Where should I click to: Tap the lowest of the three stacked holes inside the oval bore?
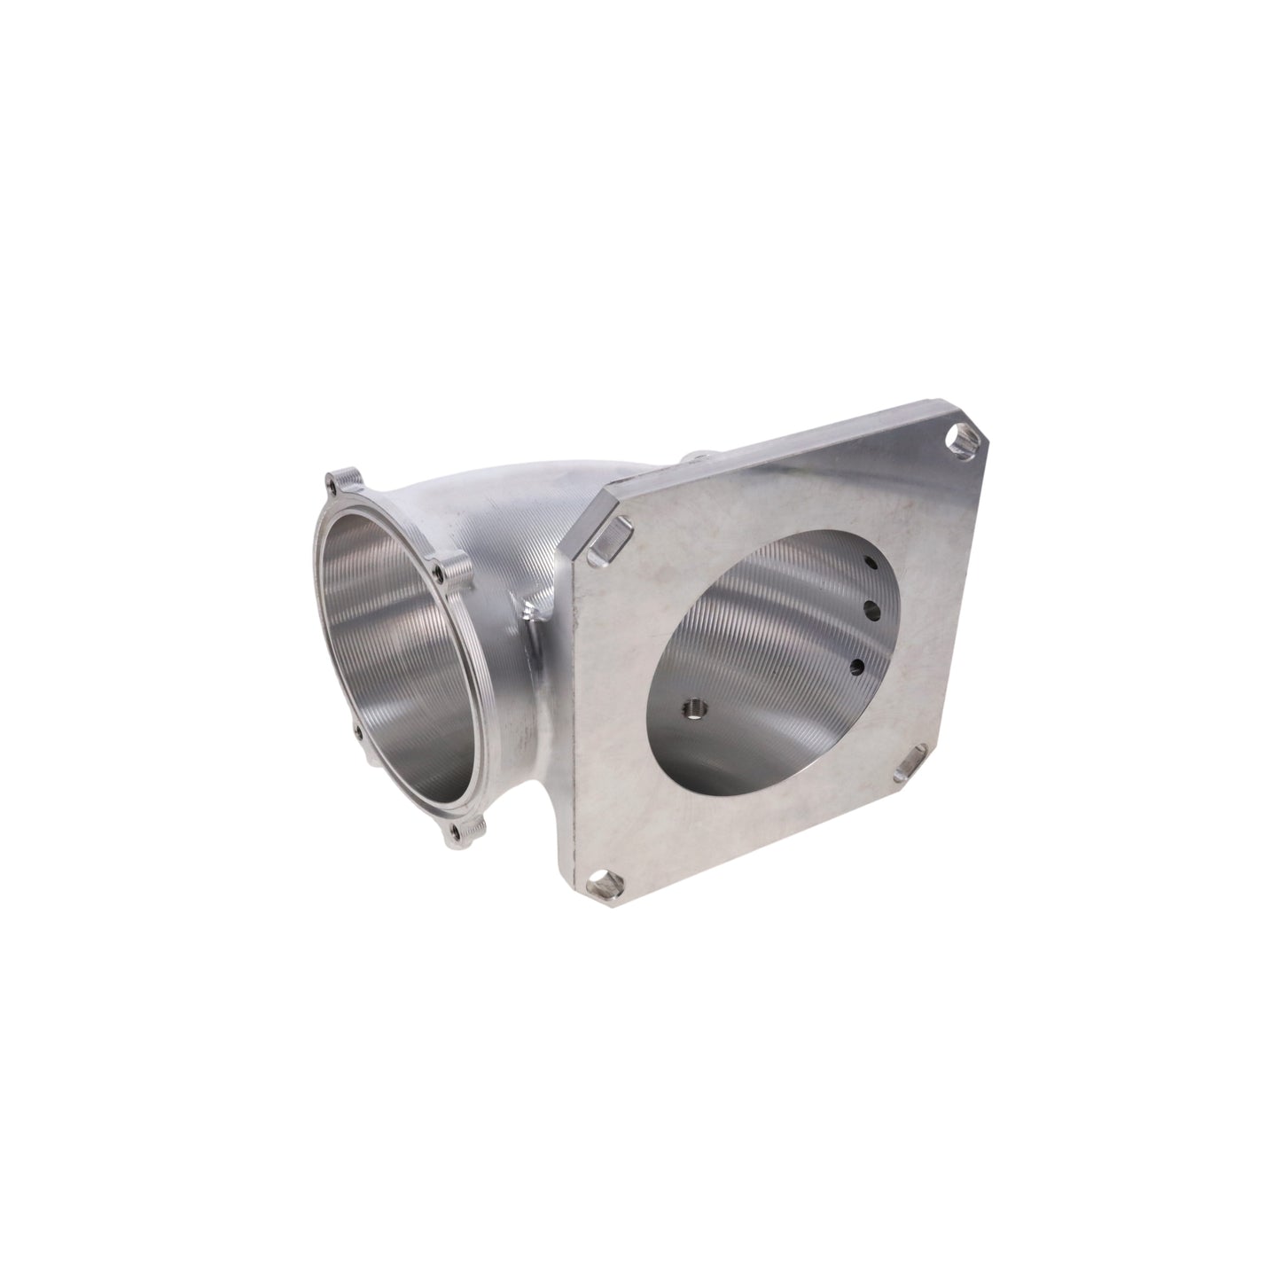pyautogui.click(x=858, y=665)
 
